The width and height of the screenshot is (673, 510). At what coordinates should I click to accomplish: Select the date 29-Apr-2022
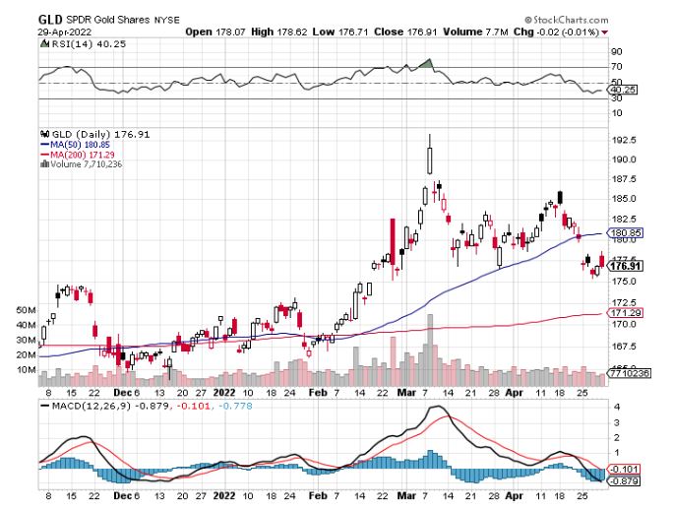[60, 32]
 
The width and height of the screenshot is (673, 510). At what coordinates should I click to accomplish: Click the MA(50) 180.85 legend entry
[80, 145]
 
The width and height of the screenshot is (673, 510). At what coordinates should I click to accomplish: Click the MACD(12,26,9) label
[82, 405]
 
